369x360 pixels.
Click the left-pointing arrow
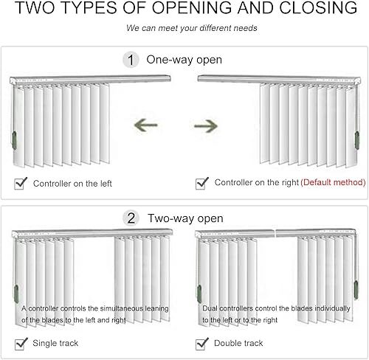[145, 125]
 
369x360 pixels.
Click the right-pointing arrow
[206, 126]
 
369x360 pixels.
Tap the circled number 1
[131, 60]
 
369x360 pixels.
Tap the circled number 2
[131, 218]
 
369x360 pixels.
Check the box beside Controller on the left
[20, 184]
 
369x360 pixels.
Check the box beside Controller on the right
[201, 184]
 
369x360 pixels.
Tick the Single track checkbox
[21, 344]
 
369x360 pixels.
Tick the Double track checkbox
[201, 344]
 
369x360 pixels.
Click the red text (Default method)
[333, 182]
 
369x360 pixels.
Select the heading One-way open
[184, 60]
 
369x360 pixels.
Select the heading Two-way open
[185, 218]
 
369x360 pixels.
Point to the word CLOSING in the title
[318, 7]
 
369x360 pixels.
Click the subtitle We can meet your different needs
[192, 28]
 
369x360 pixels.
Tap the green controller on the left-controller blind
[15, 140]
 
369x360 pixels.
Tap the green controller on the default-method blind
[356, 140]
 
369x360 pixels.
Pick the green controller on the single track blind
[16, 294]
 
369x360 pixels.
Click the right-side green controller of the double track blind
[356, 291]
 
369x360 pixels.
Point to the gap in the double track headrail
[275, 233]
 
